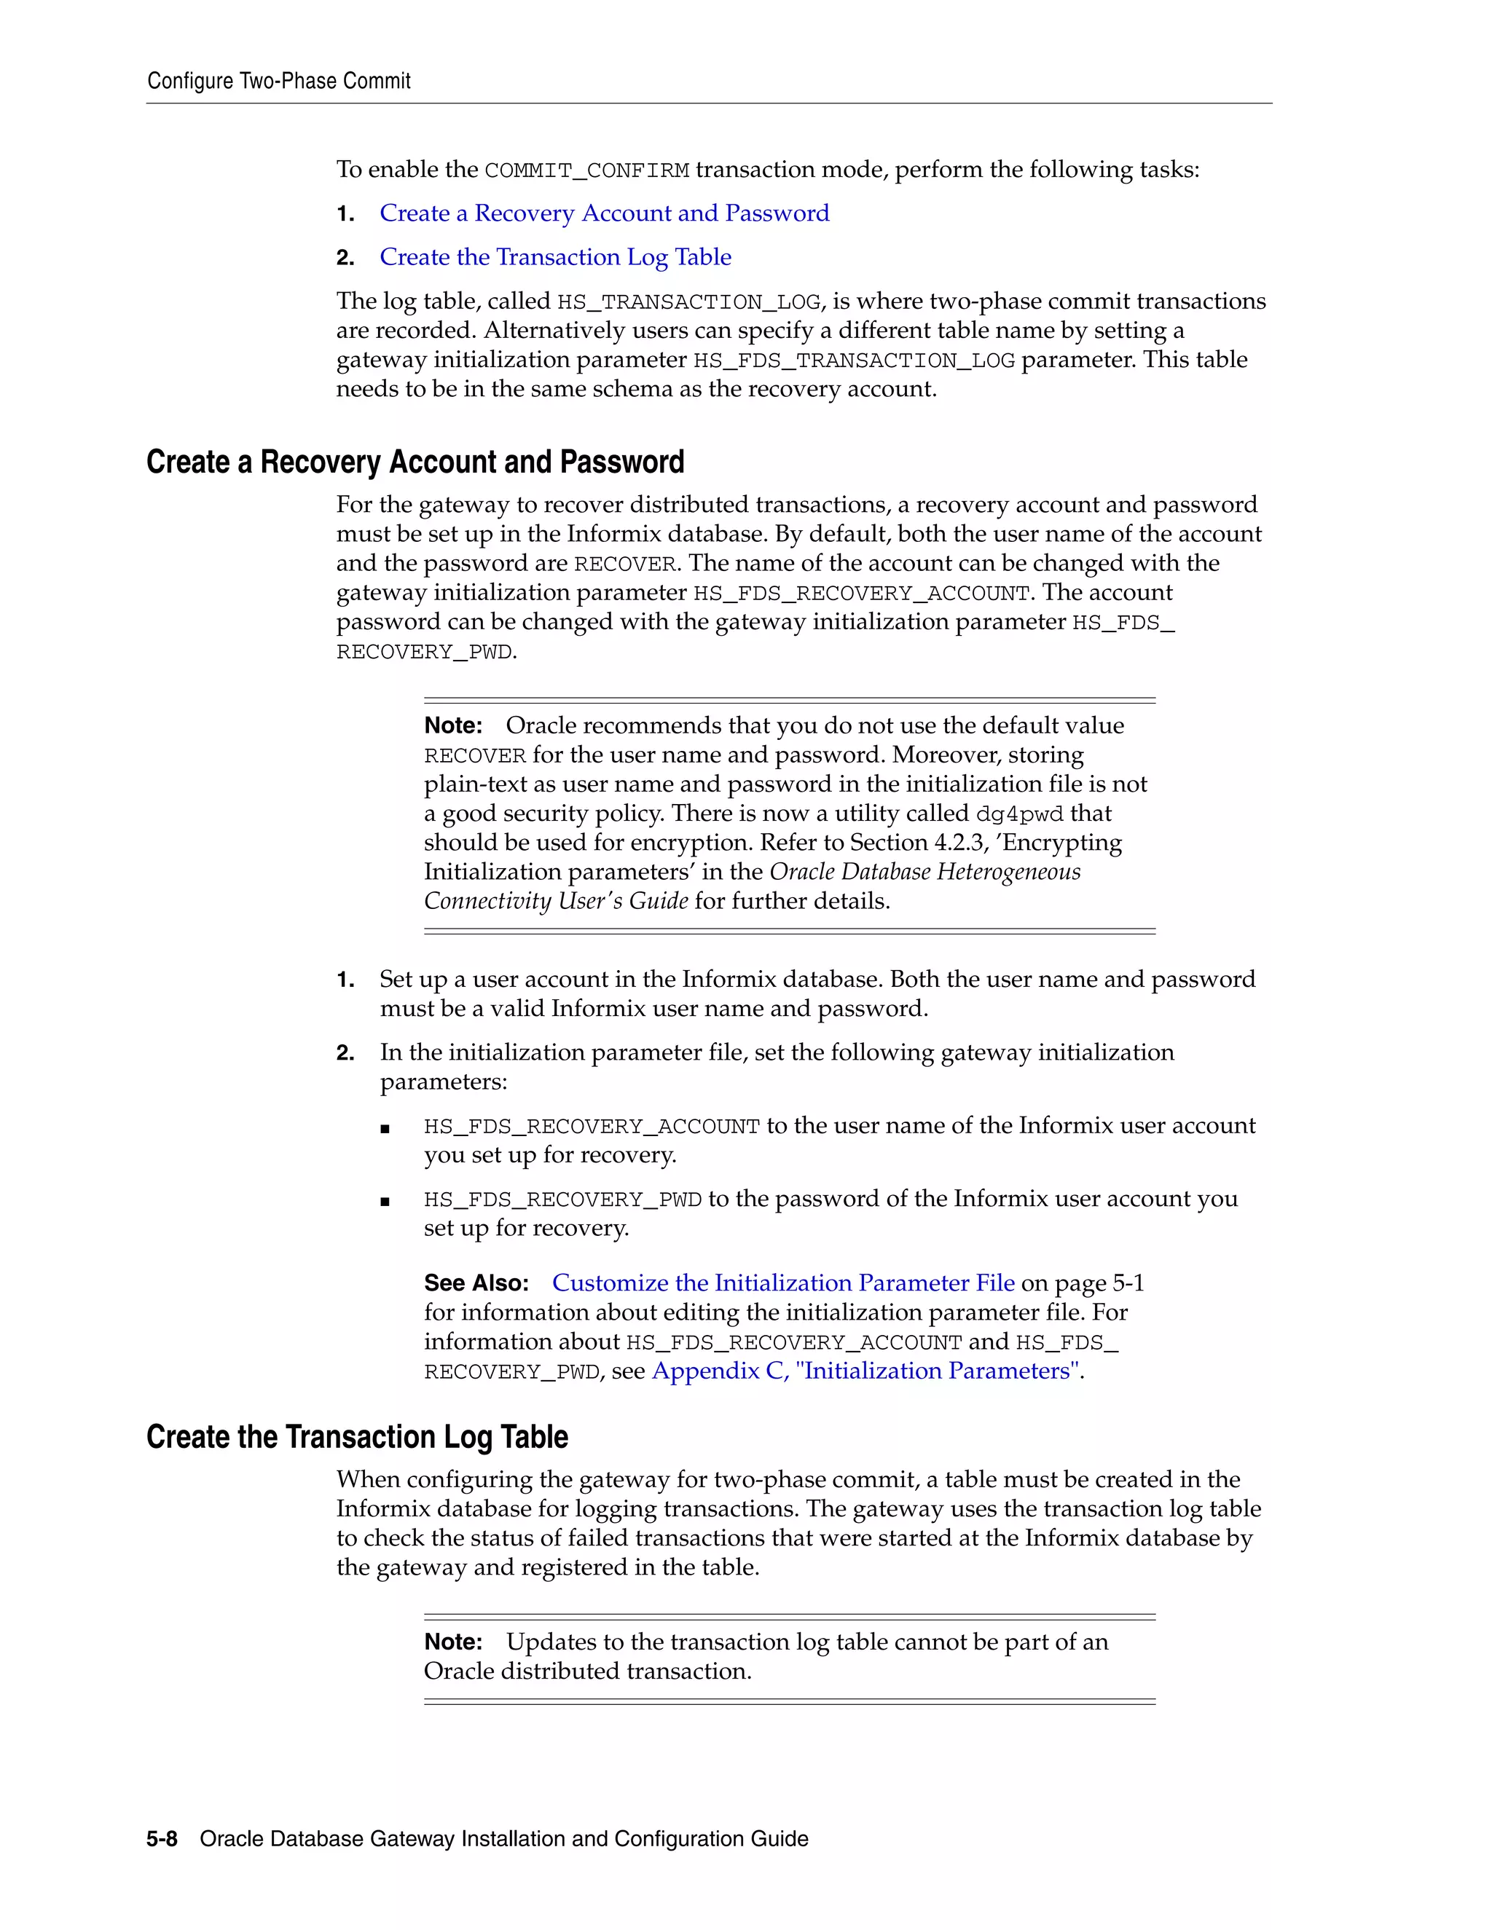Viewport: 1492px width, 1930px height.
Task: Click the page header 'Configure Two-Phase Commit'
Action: (278, 82)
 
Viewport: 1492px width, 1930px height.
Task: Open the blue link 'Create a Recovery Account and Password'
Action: (604, 213)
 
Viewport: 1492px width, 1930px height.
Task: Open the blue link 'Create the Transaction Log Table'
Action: (555, 257)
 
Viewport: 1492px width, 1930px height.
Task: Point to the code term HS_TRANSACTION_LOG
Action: (688, 302)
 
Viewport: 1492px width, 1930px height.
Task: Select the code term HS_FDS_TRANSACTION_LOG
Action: (854, 361)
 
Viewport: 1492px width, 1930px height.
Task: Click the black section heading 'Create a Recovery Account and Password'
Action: (415, 462)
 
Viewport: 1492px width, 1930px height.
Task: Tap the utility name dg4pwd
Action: (1019, 814)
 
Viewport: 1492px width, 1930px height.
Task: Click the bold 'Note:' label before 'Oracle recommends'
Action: (452, 725)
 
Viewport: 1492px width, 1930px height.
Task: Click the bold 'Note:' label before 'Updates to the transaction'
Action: (452, 1642)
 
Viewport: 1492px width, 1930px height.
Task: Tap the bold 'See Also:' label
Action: (476, 1283)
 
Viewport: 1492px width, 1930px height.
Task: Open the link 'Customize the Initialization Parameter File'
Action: (783, 1283)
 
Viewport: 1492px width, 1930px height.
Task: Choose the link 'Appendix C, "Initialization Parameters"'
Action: (865, 1371)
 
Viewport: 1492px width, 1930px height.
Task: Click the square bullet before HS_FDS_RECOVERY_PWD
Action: (385, 1201)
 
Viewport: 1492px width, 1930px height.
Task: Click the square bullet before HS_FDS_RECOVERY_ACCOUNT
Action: (385, 1127)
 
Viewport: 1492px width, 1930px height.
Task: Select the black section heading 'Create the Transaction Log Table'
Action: (356, 1437)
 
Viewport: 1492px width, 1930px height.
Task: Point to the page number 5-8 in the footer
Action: (162, 1839)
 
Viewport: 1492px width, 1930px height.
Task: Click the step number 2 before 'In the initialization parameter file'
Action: (345, 1053)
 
